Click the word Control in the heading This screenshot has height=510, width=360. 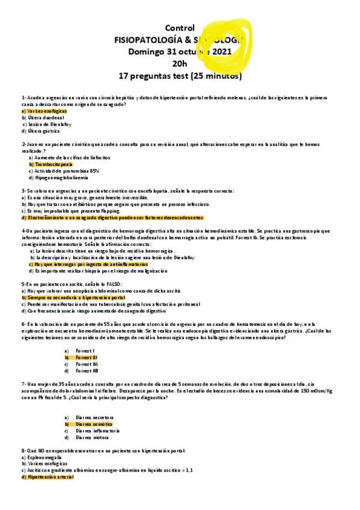180,28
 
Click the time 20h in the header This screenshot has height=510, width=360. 180,64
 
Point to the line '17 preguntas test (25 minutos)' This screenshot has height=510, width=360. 180,76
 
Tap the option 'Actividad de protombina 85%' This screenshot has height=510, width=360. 64,171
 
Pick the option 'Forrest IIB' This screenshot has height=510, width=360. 88,371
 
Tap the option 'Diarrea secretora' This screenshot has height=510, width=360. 96,417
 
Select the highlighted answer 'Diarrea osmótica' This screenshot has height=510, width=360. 95,424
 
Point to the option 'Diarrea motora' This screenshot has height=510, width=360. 93,438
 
